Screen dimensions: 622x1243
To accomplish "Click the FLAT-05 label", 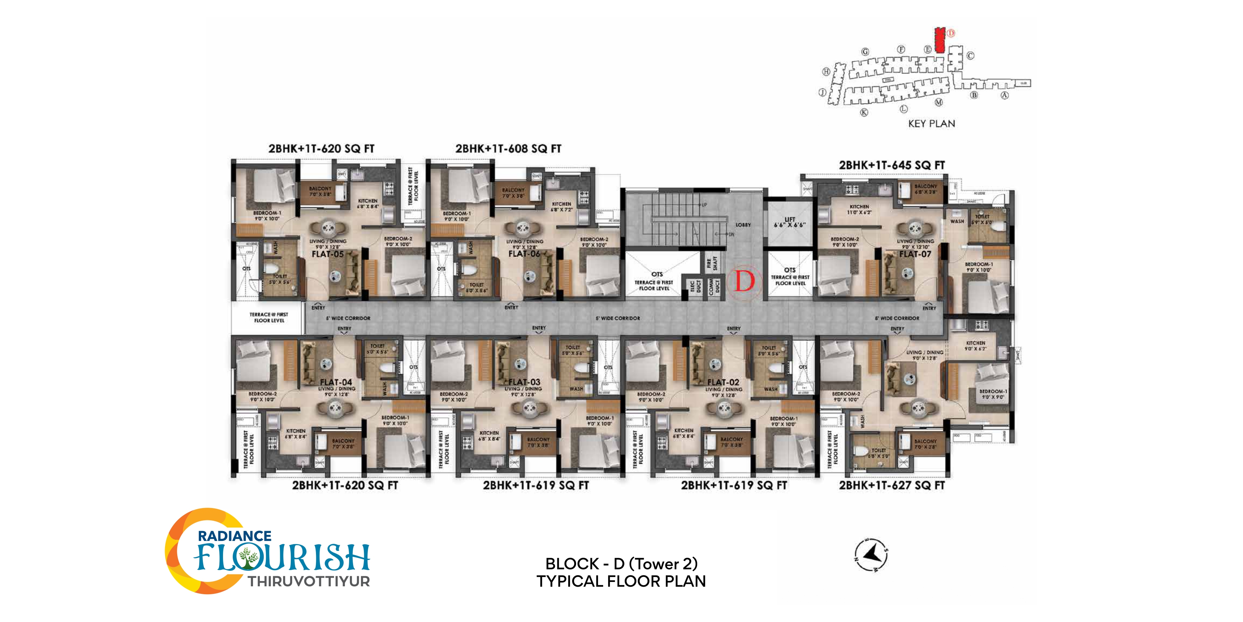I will [328, 254].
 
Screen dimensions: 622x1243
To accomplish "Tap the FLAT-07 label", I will [915, 254].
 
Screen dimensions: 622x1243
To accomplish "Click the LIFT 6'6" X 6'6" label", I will [789, 222].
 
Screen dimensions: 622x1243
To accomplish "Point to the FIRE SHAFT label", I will [712, 263].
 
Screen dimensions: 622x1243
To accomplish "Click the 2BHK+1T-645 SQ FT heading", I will [892, 165].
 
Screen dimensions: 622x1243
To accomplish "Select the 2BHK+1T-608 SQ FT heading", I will [508, 149].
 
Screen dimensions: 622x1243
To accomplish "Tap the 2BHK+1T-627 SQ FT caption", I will [892, 485].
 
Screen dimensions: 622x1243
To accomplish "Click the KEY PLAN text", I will [931, 124].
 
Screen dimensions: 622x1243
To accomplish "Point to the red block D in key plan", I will [939, 40].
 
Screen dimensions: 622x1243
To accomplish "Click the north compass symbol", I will [871, 555].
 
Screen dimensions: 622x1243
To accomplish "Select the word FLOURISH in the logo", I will [282, 558].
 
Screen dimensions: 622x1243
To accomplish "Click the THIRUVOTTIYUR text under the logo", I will [309, 581].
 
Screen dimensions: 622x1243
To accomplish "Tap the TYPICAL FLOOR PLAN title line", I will [621, 581].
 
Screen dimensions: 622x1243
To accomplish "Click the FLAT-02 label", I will [723, 382].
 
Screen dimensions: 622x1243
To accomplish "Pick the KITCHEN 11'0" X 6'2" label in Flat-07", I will [859, 209].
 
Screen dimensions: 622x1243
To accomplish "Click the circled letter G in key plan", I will [865, 52].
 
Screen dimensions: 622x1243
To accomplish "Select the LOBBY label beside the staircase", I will [743, 225].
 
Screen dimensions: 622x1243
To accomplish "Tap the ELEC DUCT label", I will [695, 286].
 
